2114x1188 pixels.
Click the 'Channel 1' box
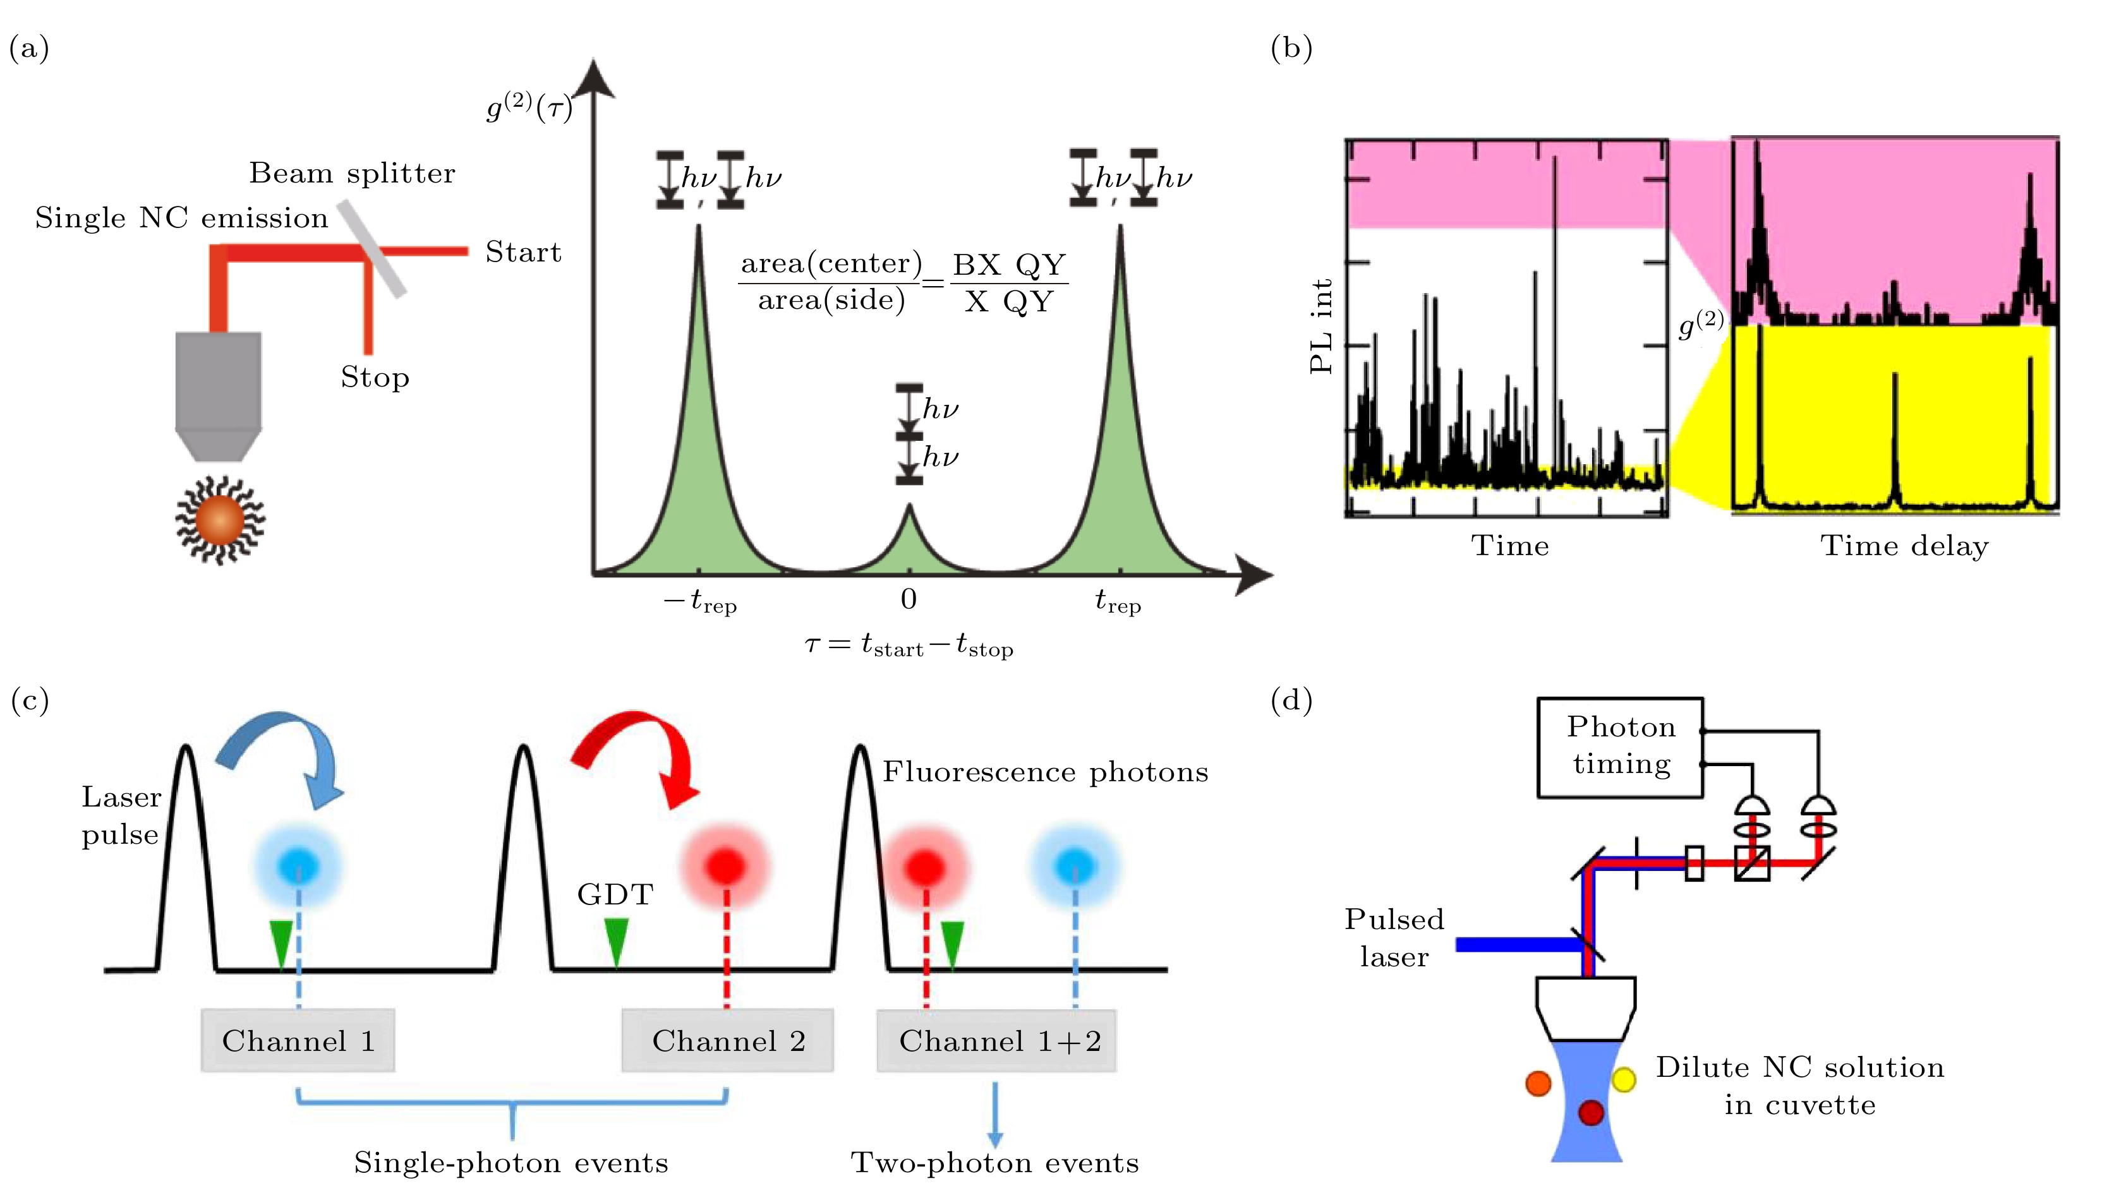[298, 1040]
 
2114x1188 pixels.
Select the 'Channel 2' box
[727, 1040]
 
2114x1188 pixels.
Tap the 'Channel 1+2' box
[996, 1040]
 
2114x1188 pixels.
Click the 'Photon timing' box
[1619, 747]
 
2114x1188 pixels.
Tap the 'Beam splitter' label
[352, 173]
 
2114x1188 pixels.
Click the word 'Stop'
[375, 378]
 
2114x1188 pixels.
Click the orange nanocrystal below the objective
[219, 520]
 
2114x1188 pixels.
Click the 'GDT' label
[615, 894]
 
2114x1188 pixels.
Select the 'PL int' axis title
[1321, 327]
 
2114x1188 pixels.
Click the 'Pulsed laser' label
[1394, 938]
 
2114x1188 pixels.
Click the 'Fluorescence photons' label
[1046, 772]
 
